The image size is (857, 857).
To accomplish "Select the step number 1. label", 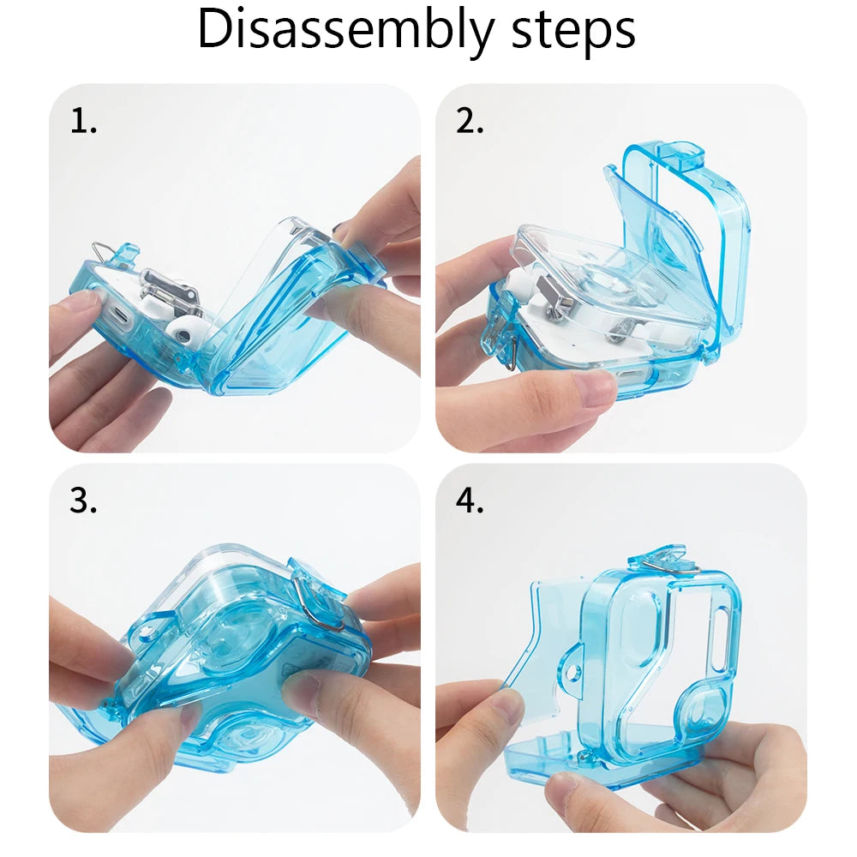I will (83, 123).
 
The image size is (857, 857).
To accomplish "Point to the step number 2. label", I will (470, 123).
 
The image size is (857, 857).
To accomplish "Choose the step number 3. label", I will (83, 501).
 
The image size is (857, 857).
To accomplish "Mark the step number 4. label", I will (470, 501).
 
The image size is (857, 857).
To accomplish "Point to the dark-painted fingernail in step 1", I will (342, 230).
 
